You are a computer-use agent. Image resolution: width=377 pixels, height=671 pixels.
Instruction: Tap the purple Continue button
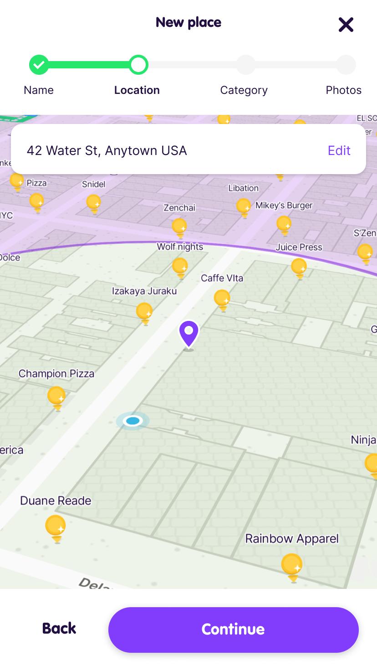click(233, 630)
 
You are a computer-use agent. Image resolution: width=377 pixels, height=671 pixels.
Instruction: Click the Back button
click(59, 628)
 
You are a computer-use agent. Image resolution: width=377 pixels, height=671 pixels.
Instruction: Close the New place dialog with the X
click(346, 25)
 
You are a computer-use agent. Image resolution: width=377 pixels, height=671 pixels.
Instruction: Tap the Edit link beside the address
click(339, 150)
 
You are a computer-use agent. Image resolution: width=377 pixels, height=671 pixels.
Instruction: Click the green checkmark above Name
click(39, 65)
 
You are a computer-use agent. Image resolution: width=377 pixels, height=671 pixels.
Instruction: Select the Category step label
click(244, 90)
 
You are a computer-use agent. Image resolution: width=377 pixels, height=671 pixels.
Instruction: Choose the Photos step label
click(343, 90)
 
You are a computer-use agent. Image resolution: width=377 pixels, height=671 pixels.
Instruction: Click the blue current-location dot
click(132, 421)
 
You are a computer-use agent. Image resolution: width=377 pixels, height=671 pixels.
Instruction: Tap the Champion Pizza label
click(56, 374)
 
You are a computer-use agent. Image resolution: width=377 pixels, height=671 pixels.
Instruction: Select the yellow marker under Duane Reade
click(56, 528)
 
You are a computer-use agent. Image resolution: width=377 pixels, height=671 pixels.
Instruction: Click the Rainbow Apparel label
click(292, 539)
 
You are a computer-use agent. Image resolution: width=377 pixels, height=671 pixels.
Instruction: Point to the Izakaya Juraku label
click(144, 291)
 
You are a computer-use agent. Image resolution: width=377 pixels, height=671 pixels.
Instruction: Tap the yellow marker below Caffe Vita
click(222, 299)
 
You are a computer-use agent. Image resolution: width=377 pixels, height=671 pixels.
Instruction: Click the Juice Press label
click(299, 247)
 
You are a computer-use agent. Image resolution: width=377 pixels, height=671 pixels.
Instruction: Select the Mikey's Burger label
click(284, 205)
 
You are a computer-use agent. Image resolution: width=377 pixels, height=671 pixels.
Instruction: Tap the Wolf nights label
click(180, 247)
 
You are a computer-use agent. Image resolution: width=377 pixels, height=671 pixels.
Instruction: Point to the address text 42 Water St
click(107, 150)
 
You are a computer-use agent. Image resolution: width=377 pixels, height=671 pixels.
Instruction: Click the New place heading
click(188, 22)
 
